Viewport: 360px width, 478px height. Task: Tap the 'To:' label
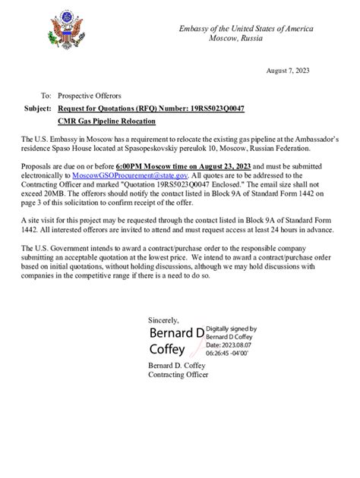(x=46, y=96)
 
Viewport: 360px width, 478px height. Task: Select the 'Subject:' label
(x=38, y=108)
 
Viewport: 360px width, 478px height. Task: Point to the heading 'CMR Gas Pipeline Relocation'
(x=106, y=121)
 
